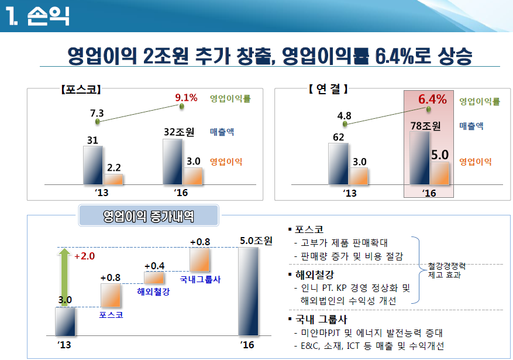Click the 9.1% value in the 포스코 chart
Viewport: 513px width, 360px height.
[186, 98]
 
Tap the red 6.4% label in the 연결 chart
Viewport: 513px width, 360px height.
[432, 99]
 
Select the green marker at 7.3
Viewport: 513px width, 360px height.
[98, 122]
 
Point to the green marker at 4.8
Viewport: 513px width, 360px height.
[345, 124]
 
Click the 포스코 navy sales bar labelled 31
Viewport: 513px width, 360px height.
[93, 165]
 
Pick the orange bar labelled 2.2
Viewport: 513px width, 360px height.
[113, 179]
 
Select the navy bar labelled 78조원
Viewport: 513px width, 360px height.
[419, 158]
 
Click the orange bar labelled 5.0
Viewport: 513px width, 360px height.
[439, 173]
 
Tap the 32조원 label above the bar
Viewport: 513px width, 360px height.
[179, 132]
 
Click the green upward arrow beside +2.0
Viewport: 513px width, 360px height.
[65, 277]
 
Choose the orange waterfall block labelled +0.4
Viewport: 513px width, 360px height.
[154, 277]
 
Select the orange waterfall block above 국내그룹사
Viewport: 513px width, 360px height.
[199, 259]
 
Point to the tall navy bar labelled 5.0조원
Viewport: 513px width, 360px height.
[248, 292]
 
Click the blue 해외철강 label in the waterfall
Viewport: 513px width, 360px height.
[153, 292]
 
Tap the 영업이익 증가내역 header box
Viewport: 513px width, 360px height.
[149, 215]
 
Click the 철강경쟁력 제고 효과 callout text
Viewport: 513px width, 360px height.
[446, 270]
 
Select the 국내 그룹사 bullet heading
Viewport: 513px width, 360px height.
[318, 319]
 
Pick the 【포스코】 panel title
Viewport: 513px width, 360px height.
[81, 90]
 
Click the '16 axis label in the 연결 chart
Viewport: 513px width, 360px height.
[429, 193]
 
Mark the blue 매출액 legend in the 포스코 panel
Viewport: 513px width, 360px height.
[222, 132]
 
